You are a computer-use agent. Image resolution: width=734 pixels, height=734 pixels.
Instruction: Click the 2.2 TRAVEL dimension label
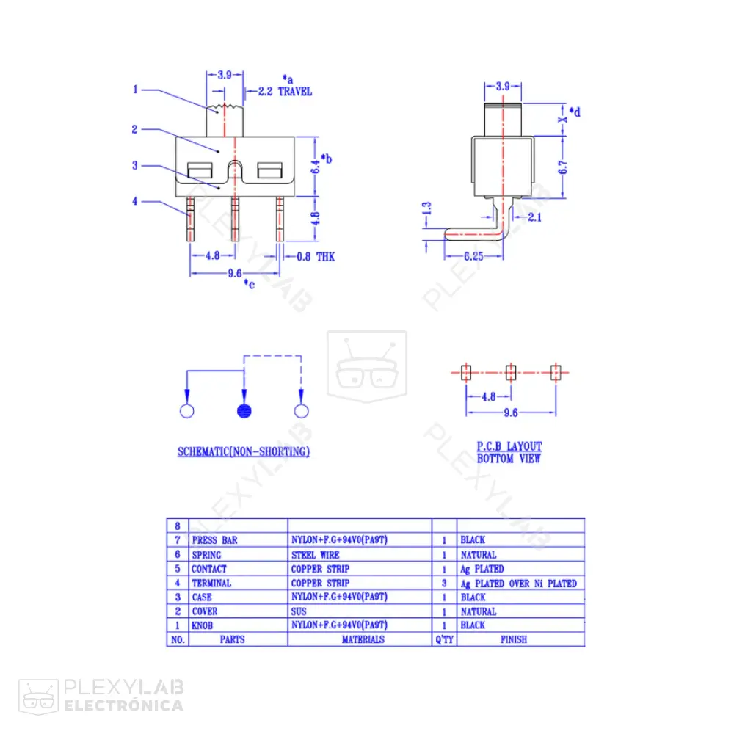[x=285, y=92]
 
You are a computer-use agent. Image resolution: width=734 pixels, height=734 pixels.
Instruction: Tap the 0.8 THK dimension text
[x=316, y=257]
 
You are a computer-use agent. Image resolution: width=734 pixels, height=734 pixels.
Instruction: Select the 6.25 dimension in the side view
[x=473, y=257]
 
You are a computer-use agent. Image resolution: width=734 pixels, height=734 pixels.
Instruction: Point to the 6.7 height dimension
[x=562, y=167]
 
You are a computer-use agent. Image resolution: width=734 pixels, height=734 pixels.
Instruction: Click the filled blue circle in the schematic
[x=245, y=411]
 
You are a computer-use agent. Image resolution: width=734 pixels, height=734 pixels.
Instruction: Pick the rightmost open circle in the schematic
[x=300, y=411]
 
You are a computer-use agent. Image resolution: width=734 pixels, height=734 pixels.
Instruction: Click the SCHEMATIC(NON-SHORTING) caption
[x=243, y=451]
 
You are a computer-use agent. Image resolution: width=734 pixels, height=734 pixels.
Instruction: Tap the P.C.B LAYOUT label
[x=509, y=446]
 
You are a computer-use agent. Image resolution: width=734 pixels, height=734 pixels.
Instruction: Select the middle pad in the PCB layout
[x=511, y=372]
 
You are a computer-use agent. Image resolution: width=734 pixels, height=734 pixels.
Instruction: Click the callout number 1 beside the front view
[x=135, y=90]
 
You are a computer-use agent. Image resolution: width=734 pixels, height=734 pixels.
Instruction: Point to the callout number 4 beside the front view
[x=135, y=200]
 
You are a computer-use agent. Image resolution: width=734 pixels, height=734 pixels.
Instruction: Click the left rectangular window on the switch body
[x=200, y=172]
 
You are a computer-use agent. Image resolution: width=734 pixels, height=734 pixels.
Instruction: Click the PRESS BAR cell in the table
[x=214, y=540]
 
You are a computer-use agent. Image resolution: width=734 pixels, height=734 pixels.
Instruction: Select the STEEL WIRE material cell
[x=315, y=555]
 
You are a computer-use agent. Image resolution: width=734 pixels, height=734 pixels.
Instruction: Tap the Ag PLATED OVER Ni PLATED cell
[x=518, y=584]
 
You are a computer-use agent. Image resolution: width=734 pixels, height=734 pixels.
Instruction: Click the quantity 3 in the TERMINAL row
[x=444, y=584]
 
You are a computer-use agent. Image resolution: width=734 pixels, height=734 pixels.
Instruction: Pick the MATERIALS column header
[x=363, y=639]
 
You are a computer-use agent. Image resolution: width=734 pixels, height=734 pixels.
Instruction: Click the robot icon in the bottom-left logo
[x=38, y=695]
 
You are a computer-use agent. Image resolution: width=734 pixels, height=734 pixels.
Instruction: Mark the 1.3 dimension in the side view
[x=427, y=211]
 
